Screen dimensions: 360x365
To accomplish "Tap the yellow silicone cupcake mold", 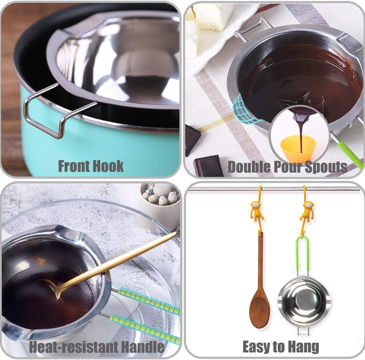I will pos(298,149).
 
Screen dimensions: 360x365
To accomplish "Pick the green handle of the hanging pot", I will pos(304,255).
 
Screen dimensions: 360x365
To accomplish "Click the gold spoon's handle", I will pos(123,260).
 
